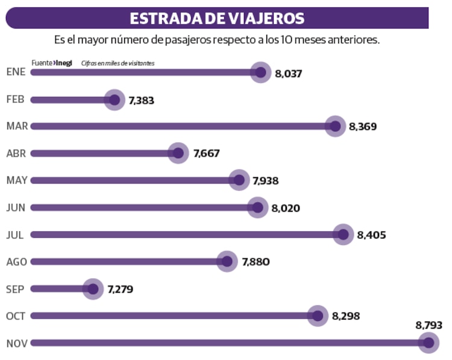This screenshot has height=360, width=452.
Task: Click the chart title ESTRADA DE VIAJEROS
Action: [x=217, y=18]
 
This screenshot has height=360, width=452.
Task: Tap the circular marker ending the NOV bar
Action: [x=428, y=343]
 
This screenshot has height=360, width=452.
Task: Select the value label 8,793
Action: [x=429, y=325]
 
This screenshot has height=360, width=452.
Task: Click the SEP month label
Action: [x=15, y=289]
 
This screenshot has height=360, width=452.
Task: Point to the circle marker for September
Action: [x=93, y=289]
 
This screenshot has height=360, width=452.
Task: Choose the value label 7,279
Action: [x=120, y=290]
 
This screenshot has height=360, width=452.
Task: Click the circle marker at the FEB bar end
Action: [x=114, y=99]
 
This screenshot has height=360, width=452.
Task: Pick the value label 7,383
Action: [x=141, y=101]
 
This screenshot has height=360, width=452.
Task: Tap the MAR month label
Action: [x=16, y=126]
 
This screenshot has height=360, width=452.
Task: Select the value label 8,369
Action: [x=363, y=127]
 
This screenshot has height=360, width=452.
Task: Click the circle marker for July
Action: [x=344, y=234]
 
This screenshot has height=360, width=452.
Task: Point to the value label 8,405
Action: [x=371, y=235]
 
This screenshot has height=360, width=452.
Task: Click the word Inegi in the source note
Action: [x=64, y=63]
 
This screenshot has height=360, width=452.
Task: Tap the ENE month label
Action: [x=15, y=72]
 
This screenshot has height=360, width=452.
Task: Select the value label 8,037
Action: [x=288, y=73]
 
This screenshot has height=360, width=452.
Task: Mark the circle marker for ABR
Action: [x=178, y=153]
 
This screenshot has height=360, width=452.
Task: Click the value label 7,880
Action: [x=256, y=262]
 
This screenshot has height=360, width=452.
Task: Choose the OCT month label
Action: [x=16, y=316]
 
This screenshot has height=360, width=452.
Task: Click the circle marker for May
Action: [x=239, y=180]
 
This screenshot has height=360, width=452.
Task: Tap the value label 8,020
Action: [x=286, y=208]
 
